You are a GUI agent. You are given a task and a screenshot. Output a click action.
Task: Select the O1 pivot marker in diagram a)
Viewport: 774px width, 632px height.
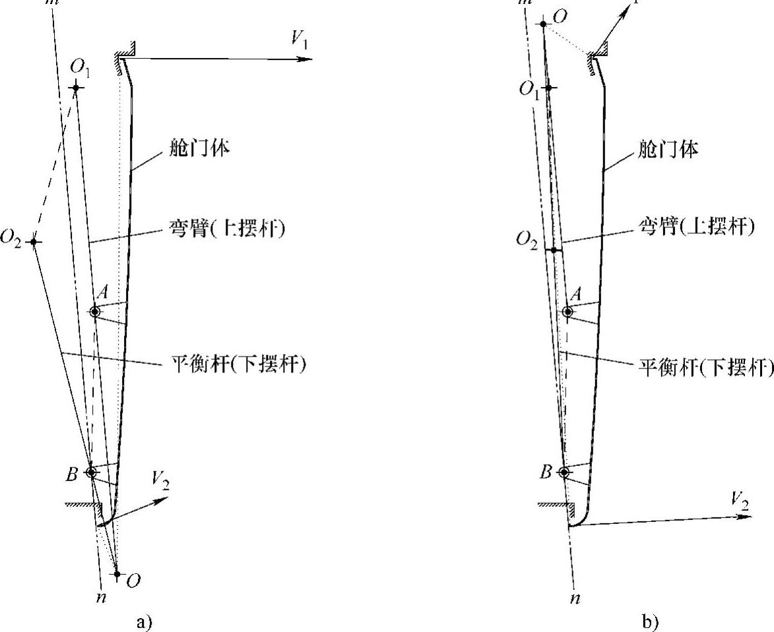77,88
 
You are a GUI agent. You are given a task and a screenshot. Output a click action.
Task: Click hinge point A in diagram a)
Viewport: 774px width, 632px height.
94,312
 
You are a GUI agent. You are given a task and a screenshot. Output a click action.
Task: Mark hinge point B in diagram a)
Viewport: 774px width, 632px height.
91,472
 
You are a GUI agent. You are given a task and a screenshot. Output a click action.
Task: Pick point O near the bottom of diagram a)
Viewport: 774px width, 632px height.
117,574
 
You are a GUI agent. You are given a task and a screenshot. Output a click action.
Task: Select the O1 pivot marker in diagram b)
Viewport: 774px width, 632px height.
548,88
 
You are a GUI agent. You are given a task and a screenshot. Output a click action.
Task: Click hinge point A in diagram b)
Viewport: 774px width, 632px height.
566,312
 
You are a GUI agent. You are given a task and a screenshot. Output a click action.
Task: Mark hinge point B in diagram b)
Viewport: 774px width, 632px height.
564,472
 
